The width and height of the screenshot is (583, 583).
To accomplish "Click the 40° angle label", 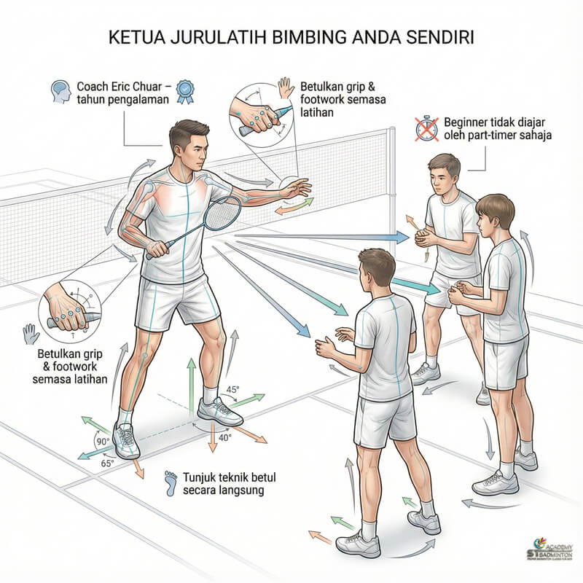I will (225, 438).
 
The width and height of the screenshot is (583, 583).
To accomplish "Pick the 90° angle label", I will (102, 442).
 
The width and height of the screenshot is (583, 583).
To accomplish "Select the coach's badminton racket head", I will (222, 213).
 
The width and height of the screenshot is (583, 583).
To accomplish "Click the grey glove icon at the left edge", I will (31, 334).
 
